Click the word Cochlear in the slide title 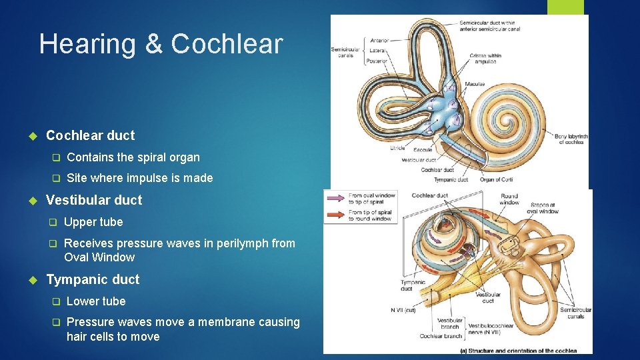pyautogui.click(x=227, y=44)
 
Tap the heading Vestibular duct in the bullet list pyautogui.click(x=94, y=200)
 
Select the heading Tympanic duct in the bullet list pyautogui.click(x=93, y=279)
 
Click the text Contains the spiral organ pyautogui.click(x=133, y=157)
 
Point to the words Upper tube pyautogui.click(x=93, y=222)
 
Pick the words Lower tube pyautogui.click(x=96, y=301)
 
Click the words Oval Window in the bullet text pyautogui.click(x=99, y=257)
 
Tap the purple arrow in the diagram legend pyautogui.click(x=335, y=198)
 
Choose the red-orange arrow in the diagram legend pyautogui.click(x=335, y=215)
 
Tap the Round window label pyautogui.click(x=509, y=199)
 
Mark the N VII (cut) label pyautogui.click(x=404, y=310)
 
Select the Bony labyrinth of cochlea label pyautogui.click(x=571, y=139)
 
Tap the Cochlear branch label pyautogui.click(x=440, y=336)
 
